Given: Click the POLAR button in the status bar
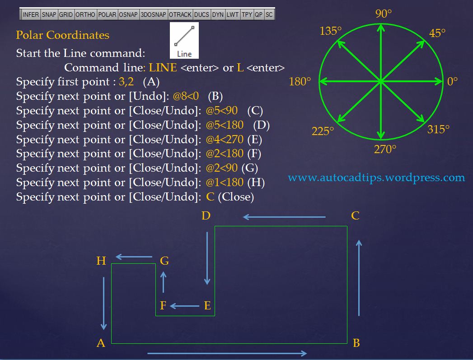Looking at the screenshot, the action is pos(107,14).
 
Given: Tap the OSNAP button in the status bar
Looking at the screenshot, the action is pos(128,14).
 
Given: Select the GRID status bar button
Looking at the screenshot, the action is pos(66,14).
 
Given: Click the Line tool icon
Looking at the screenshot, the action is pos(184,41).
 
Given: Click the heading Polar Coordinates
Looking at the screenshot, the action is pos(62,35).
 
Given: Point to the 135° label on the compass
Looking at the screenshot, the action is pos(330,31).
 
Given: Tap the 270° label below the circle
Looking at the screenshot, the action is pos(385,150).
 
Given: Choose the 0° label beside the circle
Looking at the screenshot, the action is pos(452,82).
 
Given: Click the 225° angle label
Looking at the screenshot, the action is pos(323,131).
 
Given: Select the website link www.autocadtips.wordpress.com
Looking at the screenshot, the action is pos(376,178).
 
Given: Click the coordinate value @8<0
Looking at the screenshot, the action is pos(186,96).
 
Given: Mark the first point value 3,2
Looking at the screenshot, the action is pos(126,82).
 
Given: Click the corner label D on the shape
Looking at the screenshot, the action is pos(206,216).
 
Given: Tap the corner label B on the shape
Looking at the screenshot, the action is pos(356,343).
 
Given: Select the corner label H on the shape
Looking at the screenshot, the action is pos(101,261).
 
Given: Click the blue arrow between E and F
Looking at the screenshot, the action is pos(185,306).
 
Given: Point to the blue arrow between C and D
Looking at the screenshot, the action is pos(284,217).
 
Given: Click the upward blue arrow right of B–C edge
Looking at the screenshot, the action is pos(359,277).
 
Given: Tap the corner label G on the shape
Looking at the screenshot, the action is pos(164,261).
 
